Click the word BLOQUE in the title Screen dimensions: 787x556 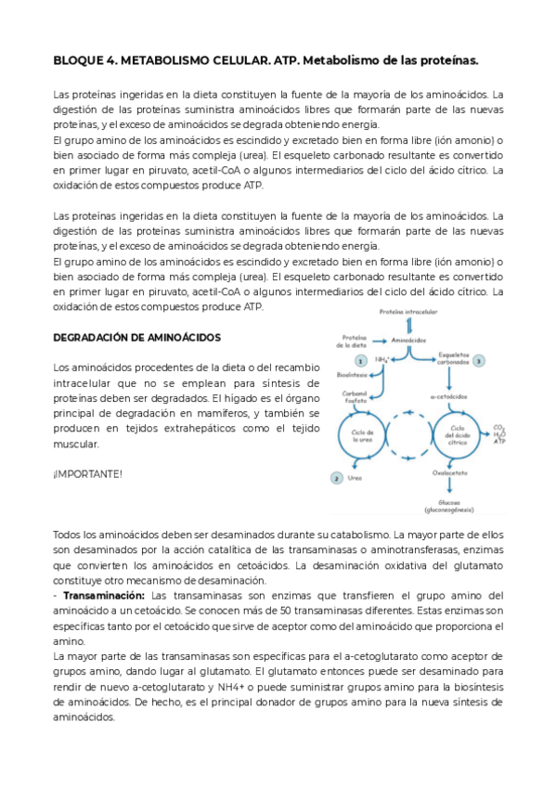tap(77, 61)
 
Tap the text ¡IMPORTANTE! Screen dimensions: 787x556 tap(87, 474)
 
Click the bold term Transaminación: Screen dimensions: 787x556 tap(102, 595)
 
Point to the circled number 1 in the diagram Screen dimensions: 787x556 tap(360, 360)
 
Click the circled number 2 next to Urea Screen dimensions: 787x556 tap(336, 478)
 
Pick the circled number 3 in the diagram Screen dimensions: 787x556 tap(478, 360)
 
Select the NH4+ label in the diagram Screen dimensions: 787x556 tap(382, 360)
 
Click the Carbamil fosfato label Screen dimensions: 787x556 tap(356, 398)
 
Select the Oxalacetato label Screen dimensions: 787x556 tap(449, 472)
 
